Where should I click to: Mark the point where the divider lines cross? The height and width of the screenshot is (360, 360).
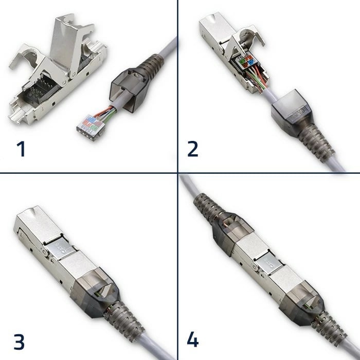177,172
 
